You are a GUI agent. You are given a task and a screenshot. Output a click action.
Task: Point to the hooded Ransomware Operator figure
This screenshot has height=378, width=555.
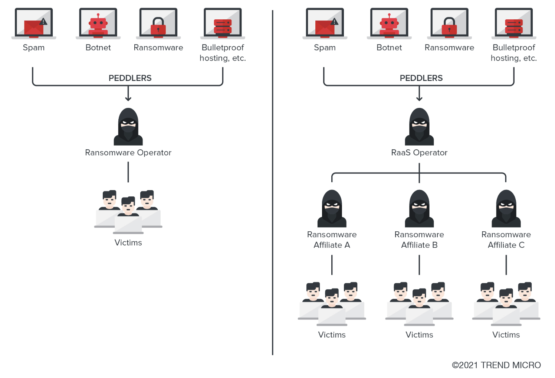tap(128, 127)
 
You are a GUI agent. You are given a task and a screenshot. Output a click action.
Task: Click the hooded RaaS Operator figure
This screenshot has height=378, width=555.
tap(419, 127)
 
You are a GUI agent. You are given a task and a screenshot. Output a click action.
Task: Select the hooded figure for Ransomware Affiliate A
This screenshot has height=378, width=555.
tap(332, 208)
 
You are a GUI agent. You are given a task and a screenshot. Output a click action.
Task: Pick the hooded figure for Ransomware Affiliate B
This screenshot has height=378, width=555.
tap(419, 208)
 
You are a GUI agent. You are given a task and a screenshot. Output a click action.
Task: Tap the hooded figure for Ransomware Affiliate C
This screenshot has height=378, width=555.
tap(506, 208)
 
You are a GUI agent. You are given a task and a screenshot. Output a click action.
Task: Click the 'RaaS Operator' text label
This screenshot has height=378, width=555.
tap(419, 153)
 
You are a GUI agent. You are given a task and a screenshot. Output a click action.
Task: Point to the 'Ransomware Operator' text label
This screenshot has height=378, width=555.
tap(128, 153)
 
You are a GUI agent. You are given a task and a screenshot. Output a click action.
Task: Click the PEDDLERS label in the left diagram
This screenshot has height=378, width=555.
tap(130, 78)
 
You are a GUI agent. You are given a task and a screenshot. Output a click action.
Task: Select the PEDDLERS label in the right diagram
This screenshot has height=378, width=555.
tap(421, 78)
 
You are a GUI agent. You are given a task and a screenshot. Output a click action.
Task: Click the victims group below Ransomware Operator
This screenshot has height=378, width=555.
tap(128, 212)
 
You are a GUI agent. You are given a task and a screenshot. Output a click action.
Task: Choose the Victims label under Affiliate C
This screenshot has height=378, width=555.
tap(506, 335)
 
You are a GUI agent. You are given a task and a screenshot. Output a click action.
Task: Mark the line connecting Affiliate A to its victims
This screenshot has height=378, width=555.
tap(332, 265)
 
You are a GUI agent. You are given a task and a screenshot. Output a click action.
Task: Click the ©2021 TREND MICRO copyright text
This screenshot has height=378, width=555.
tap(496, 365)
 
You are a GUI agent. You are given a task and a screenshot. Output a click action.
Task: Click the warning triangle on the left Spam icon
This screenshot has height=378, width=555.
tap(43, 22)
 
